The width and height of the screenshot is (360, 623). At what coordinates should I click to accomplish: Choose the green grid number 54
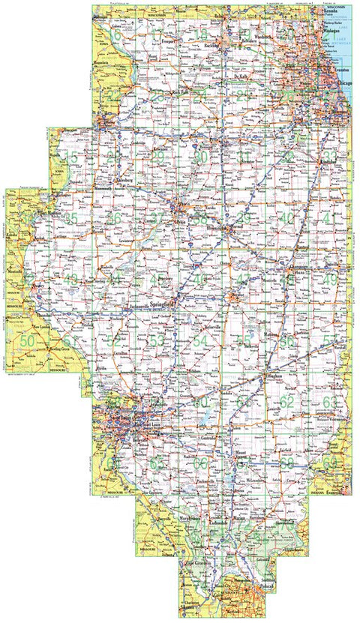point(200,341)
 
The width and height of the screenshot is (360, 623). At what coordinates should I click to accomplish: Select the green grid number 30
point(200,157)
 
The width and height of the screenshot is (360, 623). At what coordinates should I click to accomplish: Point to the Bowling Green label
point(64,349)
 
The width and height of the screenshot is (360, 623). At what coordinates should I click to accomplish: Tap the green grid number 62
point(287,401)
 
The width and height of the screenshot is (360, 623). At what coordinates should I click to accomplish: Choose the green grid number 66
point(200,463)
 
